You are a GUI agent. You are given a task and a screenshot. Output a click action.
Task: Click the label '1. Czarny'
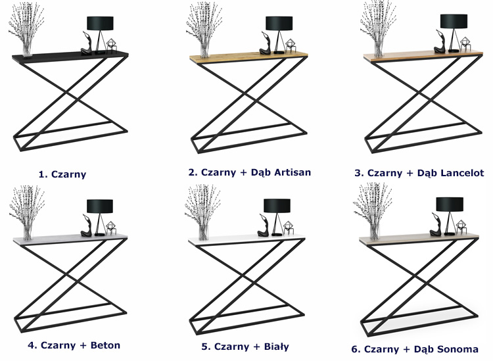62,174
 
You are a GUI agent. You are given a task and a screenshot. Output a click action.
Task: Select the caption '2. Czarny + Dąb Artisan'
249,172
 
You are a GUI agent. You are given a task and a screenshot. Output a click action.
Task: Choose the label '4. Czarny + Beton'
74,345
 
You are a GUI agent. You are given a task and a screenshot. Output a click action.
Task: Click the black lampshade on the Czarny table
101,23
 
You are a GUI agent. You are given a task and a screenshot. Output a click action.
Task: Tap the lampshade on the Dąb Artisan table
279,23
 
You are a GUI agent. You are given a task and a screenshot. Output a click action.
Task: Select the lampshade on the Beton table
100,206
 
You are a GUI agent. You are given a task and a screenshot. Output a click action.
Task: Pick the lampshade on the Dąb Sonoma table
450,205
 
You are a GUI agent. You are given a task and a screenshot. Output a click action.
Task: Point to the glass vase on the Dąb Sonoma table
375,229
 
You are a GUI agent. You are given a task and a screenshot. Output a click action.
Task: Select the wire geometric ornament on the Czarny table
112,46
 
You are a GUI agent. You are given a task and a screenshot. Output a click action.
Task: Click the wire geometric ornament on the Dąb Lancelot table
465,44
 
